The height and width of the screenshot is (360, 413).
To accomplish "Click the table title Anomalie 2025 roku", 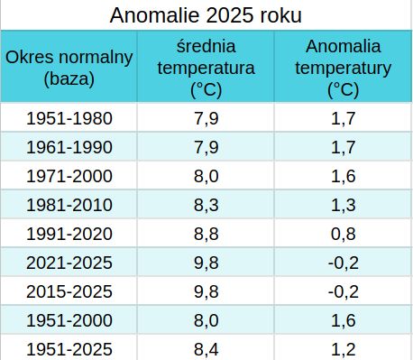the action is pos(206,15).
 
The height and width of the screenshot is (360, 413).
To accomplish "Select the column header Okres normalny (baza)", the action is pos(69,68).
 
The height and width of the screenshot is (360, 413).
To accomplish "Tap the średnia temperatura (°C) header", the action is pos(206,68).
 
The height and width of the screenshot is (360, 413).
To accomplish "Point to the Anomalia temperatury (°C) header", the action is pos(344,68).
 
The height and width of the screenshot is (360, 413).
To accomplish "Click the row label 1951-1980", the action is pos(69,118).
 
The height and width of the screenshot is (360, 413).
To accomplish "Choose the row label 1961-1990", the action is pos(69,147).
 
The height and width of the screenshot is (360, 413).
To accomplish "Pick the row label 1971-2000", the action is pos(69,176).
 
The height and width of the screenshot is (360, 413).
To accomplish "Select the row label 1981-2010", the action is pos(69,205).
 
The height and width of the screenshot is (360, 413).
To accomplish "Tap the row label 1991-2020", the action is pos(69,234).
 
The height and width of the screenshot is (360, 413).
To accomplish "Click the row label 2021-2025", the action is pos(69,263).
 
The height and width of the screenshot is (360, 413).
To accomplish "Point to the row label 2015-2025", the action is pos(69,291).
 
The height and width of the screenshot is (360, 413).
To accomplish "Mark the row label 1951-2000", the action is pos(69,320).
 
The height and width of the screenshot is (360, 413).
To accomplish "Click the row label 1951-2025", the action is pos(69,349).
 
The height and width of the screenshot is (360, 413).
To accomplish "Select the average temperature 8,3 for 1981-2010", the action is pos(206,205).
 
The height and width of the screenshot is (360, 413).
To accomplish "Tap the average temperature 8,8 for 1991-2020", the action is pos(206,234).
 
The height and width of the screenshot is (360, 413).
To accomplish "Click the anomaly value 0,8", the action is pos(344,234).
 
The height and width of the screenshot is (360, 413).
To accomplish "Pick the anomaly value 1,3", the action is pos(344,205).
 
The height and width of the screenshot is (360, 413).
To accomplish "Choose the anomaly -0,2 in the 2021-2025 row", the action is pos(344,263).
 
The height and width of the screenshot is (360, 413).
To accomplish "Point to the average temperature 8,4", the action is pos(206,349).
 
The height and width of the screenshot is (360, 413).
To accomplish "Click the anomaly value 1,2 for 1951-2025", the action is pos(344,349).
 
